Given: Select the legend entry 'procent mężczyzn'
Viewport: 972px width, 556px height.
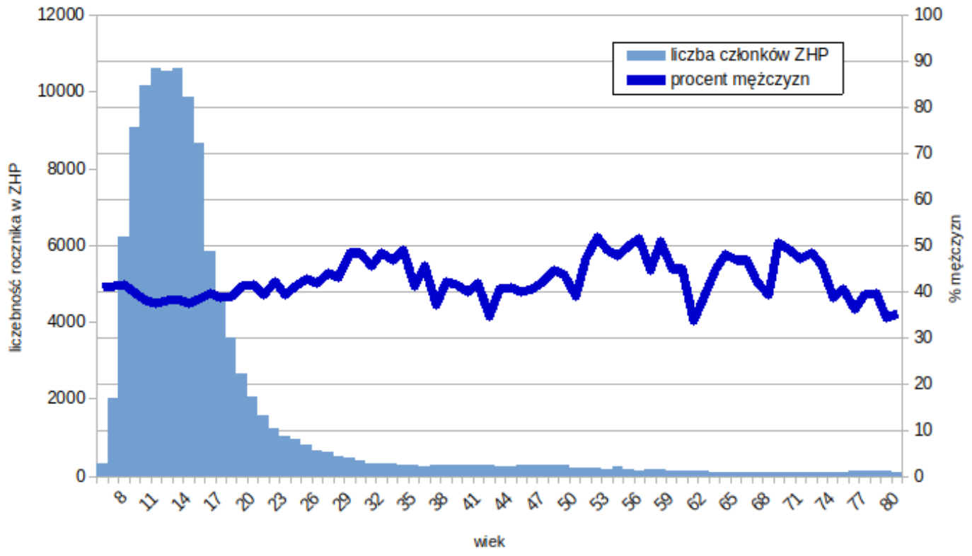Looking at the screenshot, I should click(x=740, y=80).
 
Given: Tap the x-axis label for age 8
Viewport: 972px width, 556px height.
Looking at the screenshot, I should click(x=121, y=499).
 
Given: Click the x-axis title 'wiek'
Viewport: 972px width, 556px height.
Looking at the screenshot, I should click(x=489, y=542).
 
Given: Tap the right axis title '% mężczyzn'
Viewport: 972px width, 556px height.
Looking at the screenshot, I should click(x=956, y=258).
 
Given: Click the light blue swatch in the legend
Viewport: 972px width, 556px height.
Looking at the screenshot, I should click(x=645, y=55).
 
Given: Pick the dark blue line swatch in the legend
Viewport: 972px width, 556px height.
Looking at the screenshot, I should click(x=645, y=80).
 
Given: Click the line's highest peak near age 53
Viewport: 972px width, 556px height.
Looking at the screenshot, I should click(x=597, y=238).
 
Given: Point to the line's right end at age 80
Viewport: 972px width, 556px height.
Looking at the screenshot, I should click(x=896, y=315).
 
